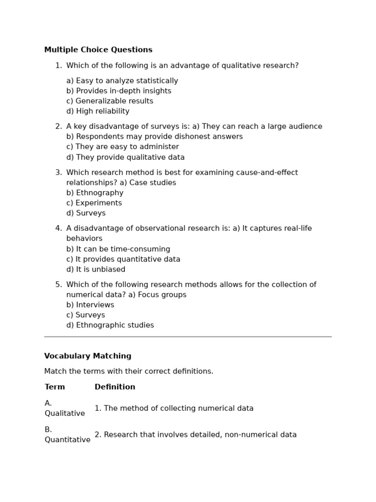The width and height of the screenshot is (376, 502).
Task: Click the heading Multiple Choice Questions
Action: [98, 50]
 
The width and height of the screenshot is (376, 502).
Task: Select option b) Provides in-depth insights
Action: [118, 91]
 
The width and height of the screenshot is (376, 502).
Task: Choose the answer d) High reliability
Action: [98, 111]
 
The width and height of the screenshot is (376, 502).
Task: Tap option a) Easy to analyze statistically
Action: [122, 81]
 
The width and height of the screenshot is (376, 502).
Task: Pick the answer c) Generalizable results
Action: [110, 101]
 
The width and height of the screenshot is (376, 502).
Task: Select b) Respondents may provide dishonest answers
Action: [154, 137]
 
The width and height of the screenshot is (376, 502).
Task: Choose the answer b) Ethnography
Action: [95, 193]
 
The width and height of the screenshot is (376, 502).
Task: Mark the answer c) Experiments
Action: [94, 203]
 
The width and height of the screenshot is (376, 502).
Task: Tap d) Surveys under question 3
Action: [86, 213]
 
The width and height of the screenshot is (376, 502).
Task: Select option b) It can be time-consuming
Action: [118, 249]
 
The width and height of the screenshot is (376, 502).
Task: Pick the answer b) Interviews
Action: [90, 305]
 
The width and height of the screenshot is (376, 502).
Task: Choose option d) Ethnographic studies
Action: [110, 326]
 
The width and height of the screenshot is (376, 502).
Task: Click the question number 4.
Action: [58, 228]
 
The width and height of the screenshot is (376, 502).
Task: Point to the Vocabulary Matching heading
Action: [88, 356]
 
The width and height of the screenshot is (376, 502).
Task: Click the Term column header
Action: [55, 387]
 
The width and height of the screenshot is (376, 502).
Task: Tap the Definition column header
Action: [115, 387]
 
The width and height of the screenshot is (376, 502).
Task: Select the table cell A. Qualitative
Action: [65, 408]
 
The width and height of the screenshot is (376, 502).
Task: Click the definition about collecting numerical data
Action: [174, 408]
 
